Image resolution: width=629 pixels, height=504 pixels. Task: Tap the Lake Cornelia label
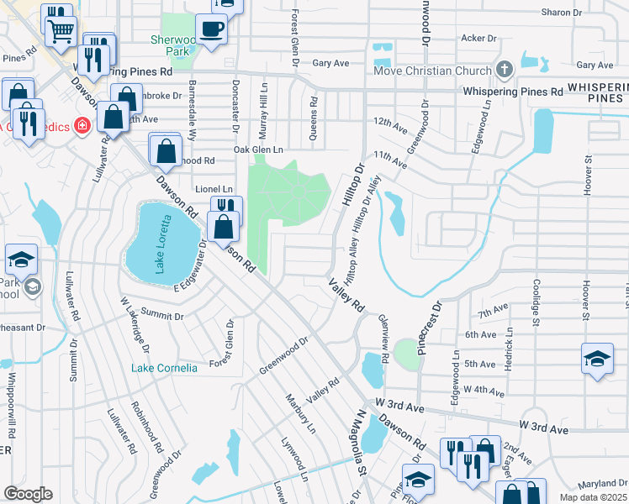point(164,368)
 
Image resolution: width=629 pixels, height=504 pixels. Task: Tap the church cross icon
point(505,69)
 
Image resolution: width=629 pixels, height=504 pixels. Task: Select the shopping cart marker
point(59,30)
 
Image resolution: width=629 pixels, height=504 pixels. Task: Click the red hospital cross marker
point(82,127)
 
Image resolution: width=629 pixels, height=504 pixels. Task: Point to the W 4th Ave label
point(484,391)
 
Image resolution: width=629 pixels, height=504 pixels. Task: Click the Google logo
point(28,494)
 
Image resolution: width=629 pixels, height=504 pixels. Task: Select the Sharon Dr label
point(562,13)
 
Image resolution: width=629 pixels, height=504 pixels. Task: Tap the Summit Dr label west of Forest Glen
point(162,315)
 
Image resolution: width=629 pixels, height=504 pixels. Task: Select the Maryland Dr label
point(603,483)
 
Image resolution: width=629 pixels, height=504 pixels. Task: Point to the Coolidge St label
point(535,302)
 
